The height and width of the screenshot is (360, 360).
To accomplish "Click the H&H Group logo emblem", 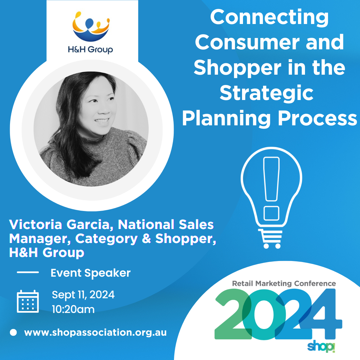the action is [91, 26].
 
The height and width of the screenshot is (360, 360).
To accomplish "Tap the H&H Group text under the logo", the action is [90, 50].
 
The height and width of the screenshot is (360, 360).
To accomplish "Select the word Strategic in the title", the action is [266, 93].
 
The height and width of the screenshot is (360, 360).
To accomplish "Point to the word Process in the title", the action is [318, 118].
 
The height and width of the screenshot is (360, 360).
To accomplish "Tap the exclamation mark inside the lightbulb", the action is [271, 189].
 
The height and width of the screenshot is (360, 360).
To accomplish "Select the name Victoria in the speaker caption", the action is [36, 224].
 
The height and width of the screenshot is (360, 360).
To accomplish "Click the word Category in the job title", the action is [106, 239].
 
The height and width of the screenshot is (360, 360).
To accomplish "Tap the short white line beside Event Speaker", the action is [28, 272].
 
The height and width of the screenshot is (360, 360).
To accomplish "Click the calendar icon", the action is [28, 301].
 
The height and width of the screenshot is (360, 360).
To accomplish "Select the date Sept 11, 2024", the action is [83, 295].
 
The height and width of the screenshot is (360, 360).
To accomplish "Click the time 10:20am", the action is [73, 309].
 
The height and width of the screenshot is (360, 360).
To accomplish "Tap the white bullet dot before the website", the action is [13, 332].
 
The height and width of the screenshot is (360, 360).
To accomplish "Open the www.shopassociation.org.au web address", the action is [95, 333].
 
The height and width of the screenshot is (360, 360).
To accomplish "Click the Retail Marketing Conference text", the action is [284, 284].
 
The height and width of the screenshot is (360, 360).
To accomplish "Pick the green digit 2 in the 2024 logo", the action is [233, 314].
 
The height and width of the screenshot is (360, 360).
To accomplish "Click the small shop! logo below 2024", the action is [321, 347].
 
